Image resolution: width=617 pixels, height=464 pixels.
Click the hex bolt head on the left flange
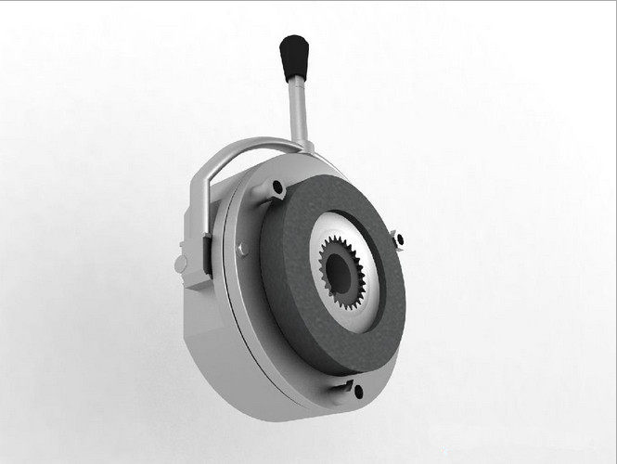(243, 249)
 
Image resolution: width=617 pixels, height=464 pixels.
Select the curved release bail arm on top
(243, 148)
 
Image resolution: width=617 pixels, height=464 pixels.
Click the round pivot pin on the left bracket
(181, 264)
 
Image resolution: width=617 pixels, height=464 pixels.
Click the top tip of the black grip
(293, 40)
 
